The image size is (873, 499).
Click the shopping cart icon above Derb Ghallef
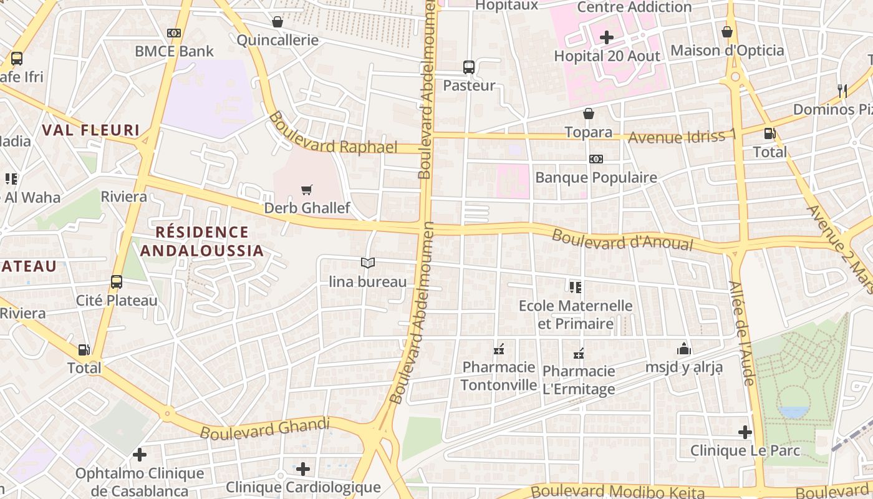(306, 190)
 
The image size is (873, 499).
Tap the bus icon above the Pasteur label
(469, 67)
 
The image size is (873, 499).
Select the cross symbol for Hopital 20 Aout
(607, 37)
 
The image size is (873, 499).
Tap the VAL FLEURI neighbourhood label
(91, 130)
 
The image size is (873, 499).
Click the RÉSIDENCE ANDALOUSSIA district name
(201, 241)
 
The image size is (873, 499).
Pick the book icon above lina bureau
(368, 263)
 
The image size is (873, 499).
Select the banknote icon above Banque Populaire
(596, 159)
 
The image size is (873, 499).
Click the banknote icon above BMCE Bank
(174, 33)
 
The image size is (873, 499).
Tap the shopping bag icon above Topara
(588, 114)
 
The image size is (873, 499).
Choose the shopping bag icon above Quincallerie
(277, 22)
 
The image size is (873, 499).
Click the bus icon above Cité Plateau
(117, 281)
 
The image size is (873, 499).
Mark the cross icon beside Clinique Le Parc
(745, 432)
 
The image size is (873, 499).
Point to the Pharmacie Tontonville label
(499, 376)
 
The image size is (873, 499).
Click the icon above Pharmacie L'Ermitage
(579, 354)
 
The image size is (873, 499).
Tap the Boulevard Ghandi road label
(264, 429)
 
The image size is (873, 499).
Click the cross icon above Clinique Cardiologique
(303, 468)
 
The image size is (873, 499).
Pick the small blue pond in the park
(793, 412)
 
